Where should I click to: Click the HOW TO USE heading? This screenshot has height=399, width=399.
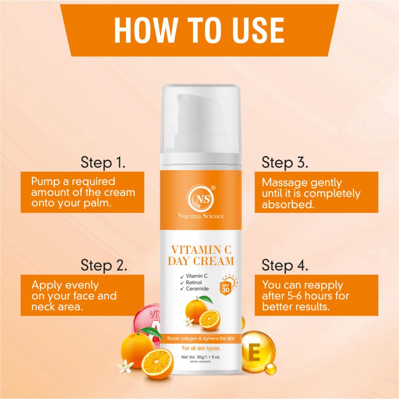click(199, 30)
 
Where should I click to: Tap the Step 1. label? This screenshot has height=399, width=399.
click(103, 162)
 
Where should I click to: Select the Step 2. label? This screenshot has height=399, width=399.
click(104, 265)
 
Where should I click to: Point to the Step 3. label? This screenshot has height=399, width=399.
click(285, 162)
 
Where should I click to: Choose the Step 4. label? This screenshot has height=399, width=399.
click(285, 265)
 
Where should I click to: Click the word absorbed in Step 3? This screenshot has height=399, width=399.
click(288, 204)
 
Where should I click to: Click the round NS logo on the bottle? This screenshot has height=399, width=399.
click(201, 198)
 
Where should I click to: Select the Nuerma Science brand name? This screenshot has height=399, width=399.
click(201, 216)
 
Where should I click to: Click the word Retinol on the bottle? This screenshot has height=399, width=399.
click(194, 282)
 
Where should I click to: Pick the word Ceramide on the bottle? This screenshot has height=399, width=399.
click(197, 289)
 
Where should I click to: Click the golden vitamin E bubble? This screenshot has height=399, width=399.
click(257, 352)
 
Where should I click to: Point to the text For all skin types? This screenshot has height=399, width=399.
click(201, 348)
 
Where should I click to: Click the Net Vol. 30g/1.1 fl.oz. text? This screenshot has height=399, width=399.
click(201, 357)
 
